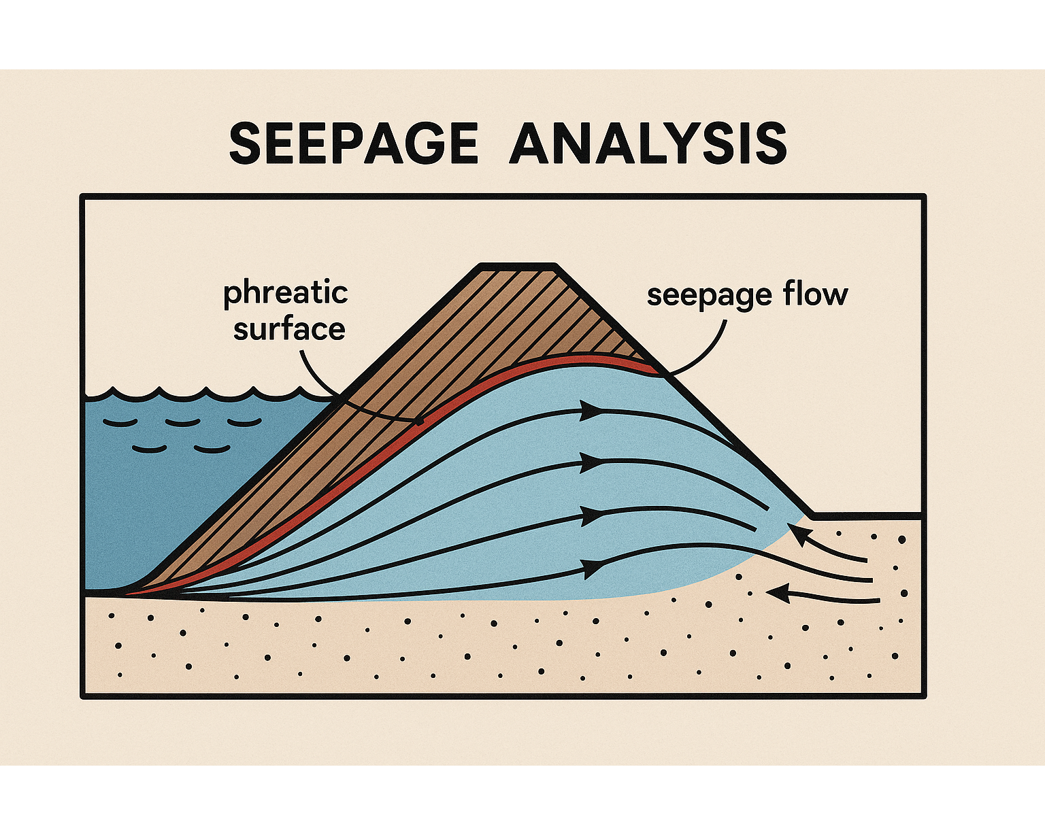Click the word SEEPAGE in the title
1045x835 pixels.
tap(354, 143)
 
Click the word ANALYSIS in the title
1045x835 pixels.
tap(648, 143)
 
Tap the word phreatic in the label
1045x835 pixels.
tap(286, 293)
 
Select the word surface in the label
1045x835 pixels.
tap(289, 329)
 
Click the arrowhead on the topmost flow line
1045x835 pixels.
tap(590, 410)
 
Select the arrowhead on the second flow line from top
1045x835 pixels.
tap(590, 462)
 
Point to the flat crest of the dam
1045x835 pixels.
tap(517, 265)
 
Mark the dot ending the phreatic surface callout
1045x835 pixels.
tap(419, 422)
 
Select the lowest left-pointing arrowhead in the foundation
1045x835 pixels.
tap(778, 593)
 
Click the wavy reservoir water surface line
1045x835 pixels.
tap(204, 393)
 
